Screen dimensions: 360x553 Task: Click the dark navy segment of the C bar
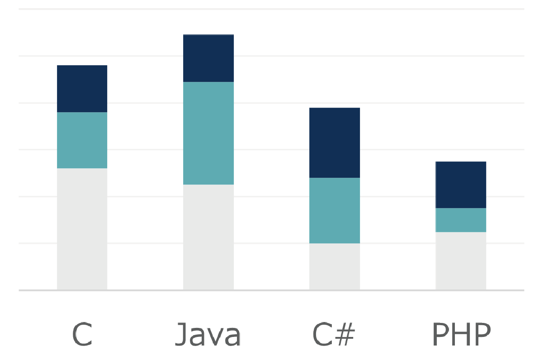(82, 89)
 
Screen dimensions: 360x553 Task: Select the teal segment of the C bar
(82, 140)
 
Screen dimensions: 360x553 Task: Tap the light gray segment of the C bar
(82, 229)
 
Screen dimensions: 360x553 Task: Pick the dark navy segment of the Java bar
(208, 58)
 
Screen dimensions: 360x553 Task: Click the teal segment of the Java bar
(208, 133)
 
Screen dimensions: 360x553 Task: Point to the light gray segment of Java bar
(208, 237)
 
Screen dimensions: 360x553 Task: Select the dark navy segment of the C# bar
(335, 142)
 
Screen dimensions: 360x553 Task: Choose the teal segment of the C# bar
(335, 210)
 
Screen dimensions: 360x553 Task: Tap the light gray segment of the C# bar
(335, 266)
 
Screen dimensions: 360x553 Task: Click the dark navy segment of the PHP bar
(461, 185)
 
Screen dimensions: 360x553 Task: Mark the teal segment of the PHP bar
(461, 220)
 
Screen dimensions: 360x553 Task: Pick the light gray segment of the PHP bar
(461, 261)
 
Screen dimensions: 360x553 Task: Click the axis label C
(82, 334)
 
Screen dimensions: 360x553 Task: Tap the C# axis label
(334, 334)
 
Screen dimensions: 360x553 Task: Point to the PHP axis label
(461, 334)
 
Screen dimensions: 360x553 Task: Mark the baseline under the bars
(271, 290)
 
